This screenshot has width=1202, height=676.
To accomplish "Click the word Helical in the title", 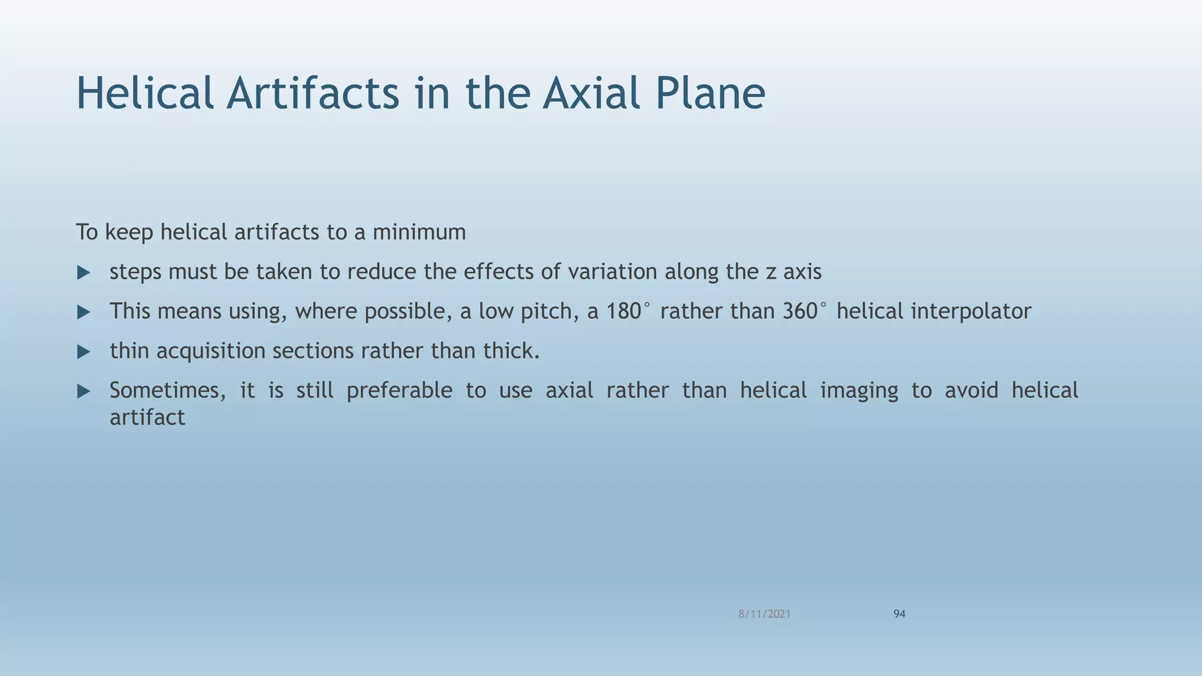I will [x=145, y=93].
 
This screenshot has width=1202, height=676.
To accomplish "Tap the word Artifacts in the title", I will [x=312, y=93].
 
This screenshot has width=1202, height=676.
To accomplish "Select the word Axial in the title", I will [x=592, y=93].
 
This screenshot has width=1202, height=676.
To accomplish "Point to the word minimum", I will [x=419, y=232].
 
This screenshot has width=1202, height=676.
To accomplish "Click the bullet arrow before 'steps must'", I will [x=84, y=273].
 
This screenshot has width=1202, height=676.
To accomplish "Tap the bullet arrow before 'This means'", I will [x=84, y=312].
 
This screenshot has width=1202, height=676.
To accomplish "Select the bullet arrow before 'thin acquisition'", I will [x=84, y=352].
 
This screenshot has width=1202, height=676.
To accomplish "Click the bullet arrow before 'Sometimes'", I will [x=84, y=391].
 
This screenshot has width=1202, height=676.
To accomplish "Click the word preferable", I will [x=399, y=391].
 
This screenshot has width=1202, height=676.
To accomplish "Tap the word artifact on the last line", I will [x=147, y=418].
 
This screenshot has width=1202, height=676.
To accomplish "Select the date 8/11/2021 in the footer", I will [x=764, y=614].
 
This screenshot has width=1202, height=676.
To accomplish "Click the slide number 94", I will [x=899, y=614].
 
